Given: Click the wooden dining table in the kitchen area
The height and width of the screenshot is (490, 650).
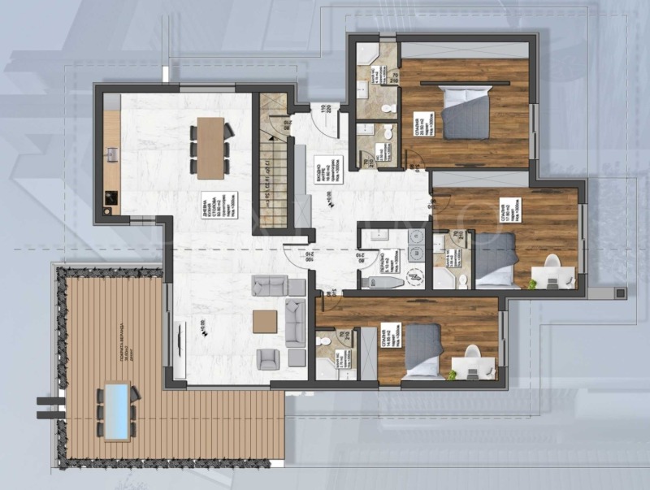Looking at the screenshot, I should (x=211, y=147).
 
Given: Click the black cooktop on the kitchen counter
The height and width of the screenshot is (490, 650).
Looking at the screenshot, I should (x=111, y=198).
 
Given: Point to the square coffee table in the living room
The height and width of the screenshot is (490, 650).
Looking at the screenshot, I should (x=265, y=322).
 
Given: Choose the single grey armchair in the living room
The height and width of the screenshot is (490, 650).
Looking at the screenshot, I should (x=268, y=358).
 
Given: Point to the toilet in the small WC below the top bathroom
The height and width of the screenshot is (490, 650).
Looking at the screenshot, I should (x=387, y=132).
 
